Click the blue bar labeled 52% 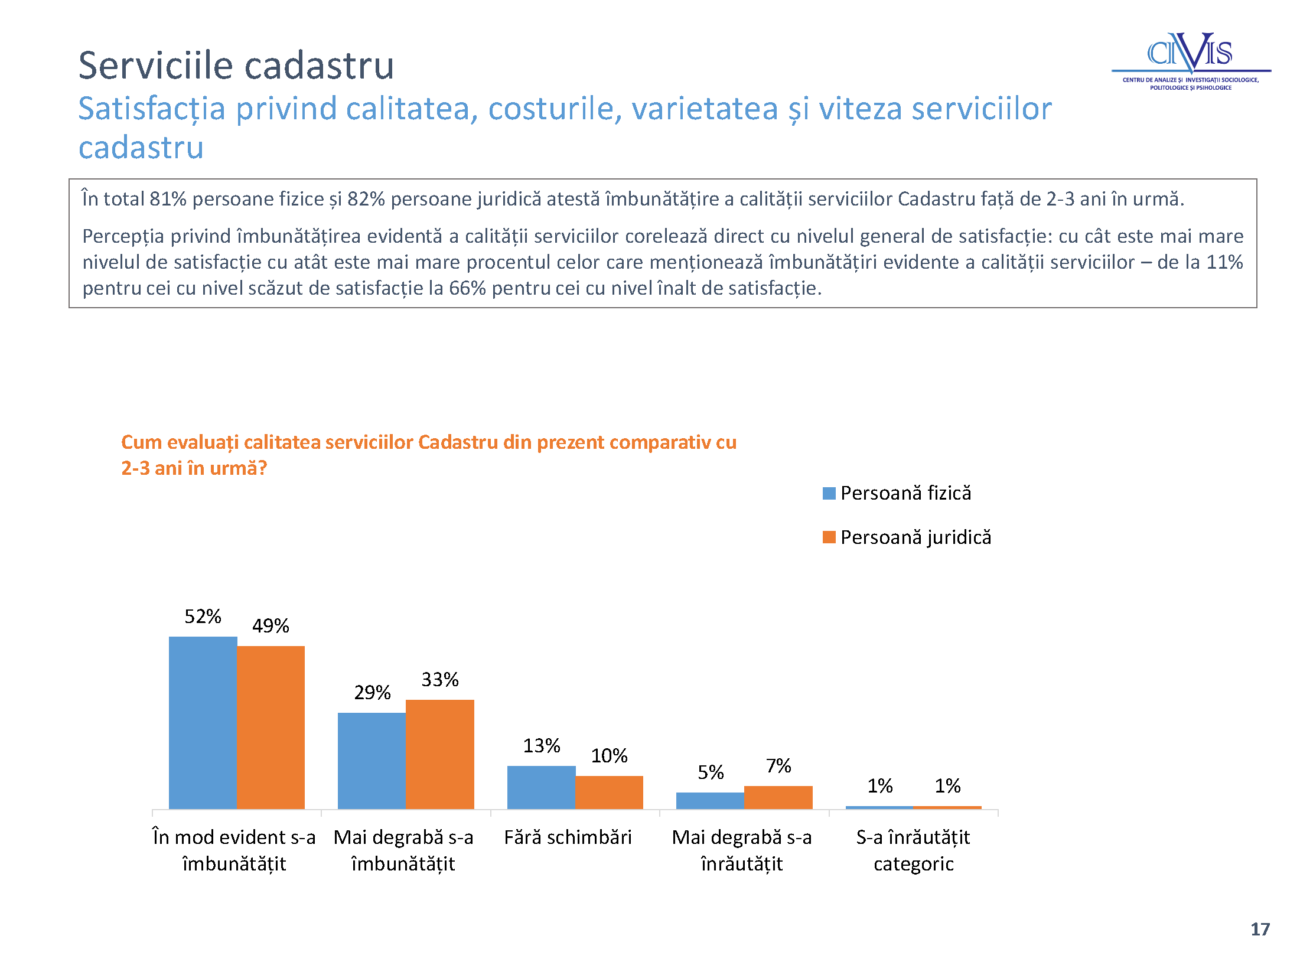coord(203,722)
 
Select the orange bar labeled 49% coord(271,727)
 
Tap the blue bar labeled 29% coord(372,761)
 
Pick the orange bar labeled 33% coord(440,754)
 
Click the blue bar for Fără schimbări coord(541,787)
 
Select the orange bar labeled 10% coord(609,793)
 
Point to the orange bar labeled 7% coord(778,797)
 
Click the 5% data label coord(711,772)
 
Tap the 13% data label coord(542,745)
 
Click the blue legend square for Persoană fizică coord(829,493)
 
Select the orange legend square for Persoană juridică coord(829,537)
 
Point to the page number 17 coord(1260,930)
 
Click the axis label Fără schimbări coord(568,837)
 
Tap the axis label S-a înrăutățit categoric coord(913,850)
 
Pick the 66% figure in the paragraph coord(467,288)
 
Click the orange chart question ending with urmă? coord(429,455)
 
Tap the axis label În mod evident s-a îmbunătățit coord(234,850)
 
